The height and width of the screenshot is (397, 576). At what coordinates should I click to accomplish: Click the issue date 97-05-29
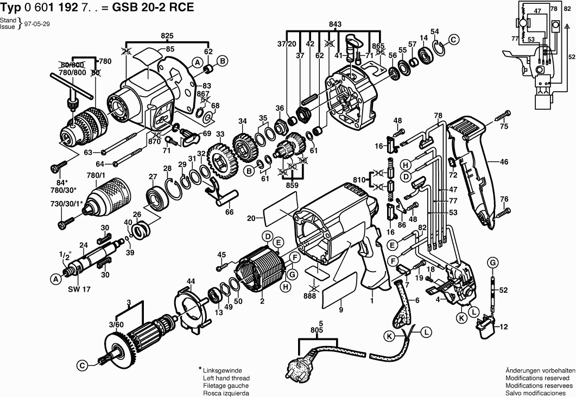pyautogui.click(x=37, y=24)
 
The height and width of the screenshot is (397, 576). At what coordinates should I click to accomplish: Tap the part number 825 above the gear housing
pyautogui.click(x=167, y=36)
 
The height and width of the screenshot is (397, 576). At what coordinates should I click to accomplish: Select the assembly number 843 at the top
pyautogui.click(x=334, y=24)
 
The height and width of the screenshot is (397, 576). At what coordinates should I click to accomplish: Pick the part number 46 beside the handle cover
pyautogui.click(x=504, y=161)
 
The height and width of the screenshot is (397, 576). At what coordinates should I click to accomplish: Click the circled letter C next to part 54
pyautogui.click(x=454, y=39)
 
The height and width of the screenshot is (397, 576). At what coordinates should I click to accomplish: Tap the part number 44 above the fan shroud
pyautogui.click(x=191, y=281)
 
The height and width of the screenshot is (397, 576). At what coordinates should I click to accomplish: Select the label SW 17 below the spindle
pyautogui.click(x=79, y=289)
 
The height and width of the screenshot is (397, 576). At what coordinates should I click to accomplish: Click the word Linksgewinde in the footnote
pyautogui.click(x=222, y=370)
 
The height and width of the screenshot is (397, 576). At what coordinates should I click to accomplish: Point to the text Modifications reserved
pyautogui.click(x=537, y=378)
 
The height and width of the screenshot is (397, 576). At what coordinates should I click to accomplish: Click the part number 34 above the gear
pyautogui.click(x=242, y=121)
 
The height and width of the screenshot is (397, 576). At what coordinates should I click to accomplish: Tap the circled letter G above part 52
pyautogui.click(x=492, y=262)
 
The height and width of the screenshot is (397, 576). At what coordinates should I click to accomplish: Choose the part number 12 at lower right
pyautogui.click(x=504, y=326)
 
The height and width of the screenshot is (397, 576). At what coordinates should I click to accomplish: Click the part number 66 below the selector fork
pyautogui.click(x=229, y=212)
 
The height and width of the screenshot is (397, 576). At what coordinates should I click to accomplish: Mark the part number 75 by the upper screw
pyautogui.click(x=504, y=126)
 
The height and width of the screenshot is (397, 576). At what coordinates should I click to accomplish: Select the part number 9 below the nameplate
pyautogui.click(x=341, y=310)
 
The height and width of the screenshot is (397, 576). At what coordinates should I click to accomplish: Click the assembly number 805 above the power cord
pyautogui.click(x=317, y=330)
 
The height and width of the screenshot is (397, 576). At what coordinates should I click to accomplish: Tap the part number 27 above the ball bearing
pyautogui.click(x=153, y=177)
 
